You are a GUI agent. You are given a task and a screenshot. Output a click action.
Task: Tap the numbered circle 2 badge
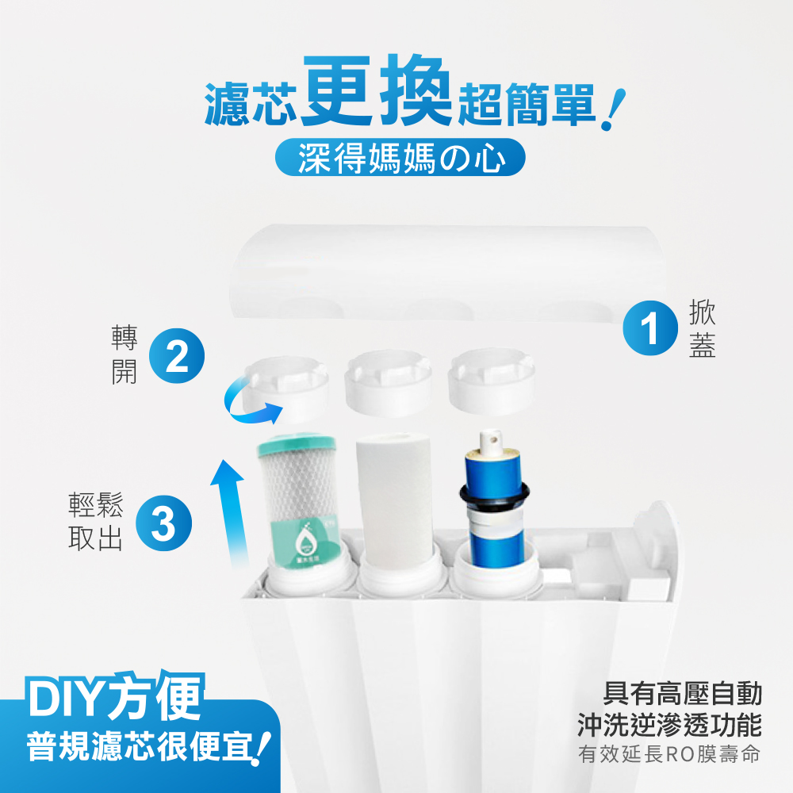(x=177, y=358)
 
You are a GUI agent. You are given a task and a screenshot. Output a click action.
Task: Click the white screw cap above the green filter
(x=288, y=385)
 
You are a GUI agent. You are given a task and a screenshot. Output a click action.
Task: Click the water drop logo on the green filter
(x=305, y=542)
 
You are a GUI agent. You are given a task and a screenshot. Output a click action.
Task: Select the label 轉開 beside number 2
(x=124, y=357)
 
